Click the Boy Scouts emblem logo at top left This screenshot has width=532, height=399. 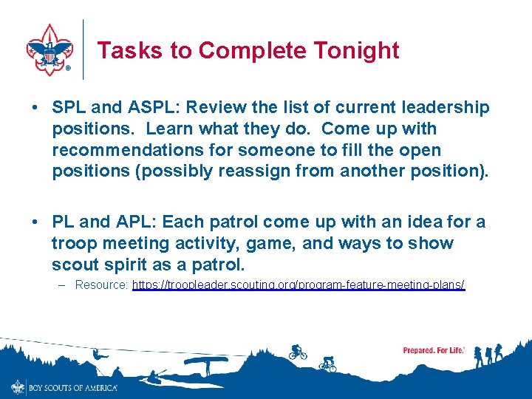pyautogui.click(x=49, y=49)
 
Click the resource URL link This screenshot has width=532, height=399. pyautogui.click(x=299, y=284)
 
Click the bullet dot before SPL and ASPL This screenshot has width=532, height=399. pyautogui.click(x=35, y=108)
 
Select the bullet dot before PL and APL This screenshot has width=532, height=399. pyautogui.click(x=35, y=222)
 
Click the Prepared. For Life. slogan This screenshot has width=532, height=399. pyautogui.click(x=433, y=350)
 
